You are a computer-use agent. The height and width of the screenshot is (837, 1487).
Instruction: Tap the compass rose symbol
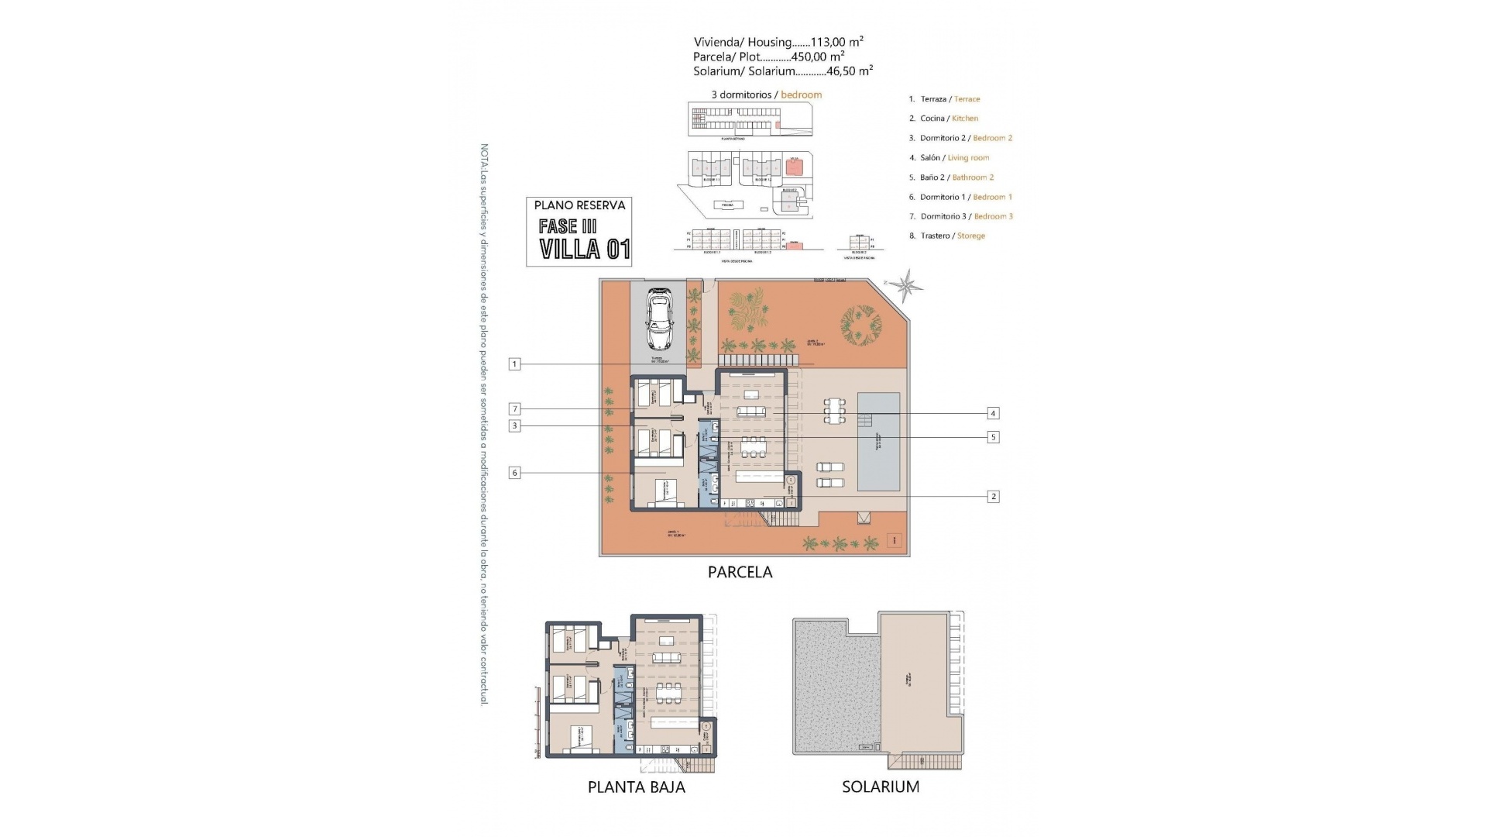click(905, 284)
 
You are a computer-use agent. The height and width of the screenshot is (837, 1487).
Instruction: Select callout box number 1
click(515, 363)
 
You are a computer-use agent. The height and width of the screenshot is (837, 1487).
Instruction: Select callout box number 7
click(515, 409)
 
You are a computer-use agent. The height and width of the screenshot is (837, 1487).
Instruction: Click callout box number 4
click(993, 413)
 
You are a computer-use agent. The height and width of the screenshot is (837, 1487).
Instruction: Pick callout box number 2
click(994, 496)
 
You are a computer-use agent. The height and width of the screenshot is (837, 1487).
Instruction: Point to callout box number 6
click(515, 473)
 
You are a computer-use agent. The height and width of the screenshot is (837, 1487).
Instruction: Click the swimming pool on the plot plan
click(879, 441)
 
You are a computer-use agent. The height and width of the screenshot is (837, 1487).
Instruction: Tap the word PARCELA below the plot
click(740, 573)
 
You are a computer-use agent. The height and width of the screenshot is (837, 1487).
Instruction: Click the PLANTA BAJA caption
click(636, 787)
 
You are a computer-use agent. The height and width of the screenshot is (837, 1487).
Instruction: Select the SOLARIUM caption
click(881, 787)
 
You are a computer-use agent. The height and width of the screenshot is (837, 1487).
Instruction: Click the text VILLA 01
click(585, 250)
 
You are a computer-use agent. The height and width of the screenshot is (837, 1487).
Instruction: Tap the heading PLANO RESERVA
click(579, 205)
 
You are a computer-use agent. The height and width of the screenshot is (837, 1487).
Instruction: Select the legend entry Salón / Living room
click(954, 157)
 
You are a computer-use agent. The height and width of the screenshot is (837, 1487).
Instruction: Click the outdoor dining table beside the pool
click(834, 411)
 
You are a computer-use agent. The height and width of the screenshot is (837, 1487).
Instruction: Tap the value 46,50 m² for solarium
click(850, 71)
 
